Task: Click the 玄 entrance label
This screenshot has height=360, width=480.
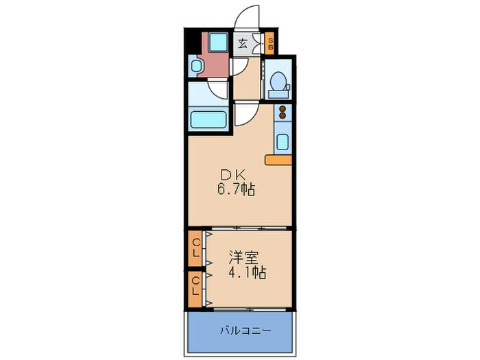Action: tap(243, 45)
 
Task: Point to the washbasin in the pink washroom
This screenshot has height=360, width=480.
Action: tap(195, 67)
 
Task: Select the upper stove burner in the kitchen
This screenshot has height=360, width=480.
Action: tap(282, 108)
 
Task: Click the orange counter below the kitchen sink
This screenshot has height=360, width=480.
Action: tap(278, 160)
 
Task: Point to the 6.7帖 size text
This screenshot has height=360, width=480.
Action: tap(237, 190)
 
